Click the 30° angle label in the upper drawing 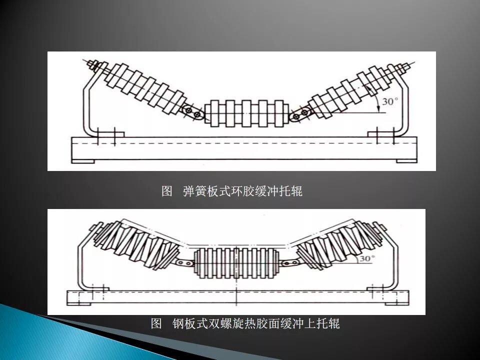[390, 101]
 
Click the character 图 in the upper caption [167, 191]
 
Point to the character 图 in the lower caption [156, 323]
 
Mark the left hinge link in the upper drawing [195, 113]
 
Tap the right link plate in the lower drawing [289, 263]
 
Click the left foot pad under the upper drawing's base [83, 160]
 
